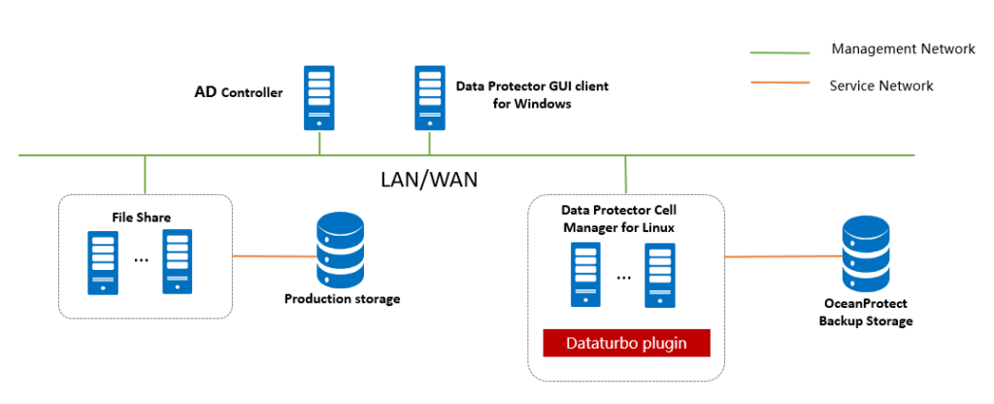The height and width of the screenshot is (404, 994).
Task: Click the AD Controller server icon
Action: [318, 96]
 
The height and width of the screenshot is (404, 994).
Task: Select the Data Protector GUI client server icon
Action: [430, 96]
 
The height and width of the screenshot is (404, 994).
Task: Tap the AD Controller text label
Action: [238, 93]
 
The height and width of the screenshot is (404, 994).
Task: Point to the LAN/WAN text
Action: [428, 180]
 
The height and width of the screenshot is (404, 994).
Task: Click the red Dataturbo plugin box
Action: [626, 343]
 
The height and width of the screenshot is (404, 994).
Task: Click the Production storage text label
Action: [342, 299]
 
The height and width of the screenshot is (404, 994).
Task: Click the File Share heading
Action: [141, 218]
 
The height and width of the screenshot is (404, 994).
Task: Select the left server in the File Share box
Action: [101, 261]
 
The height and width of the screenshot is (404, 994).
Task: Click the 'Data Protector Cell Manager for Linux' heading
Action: [618, 219]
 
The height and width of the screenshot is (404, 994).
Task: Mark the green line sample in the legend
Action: [779, 51]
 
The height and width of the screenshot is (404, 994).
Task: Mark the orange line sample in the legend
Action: [779, 83]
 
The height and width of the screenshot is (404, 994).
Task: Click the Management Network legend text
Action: [903, 49]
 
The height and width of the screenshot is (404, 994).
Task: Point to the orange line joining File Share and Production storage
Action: [275, 256]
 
